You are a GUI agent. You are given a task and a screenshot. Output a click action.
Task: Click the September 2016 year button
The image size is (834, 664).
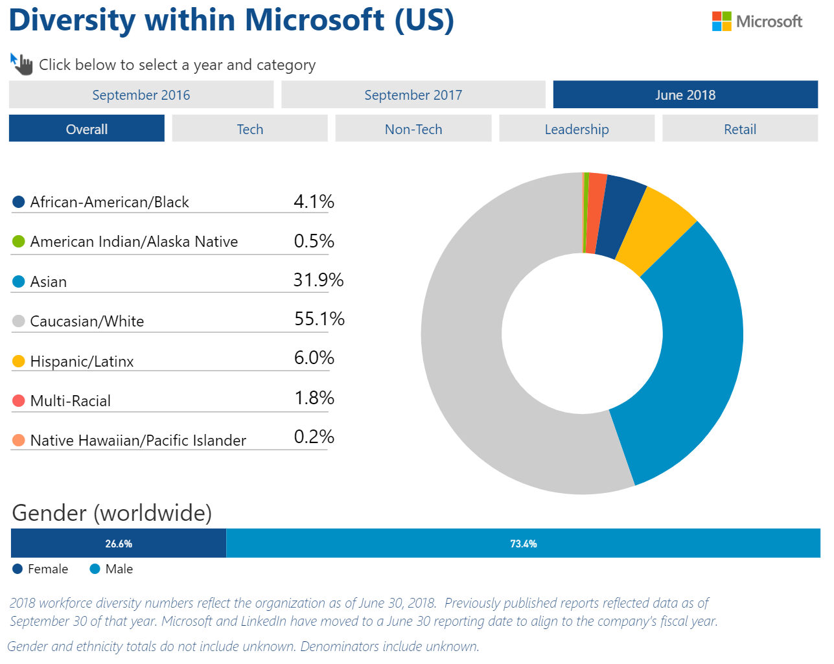pyautogui.click(x=141, y=95)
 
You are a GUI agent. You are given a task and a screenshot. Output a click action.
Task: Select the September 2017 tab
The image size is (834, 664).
pyautogui.click(x=413, y=95)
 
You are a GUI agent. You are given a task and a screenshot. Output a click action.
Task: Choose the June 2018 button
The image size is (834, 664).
pyautogui.click(x=685, y=95)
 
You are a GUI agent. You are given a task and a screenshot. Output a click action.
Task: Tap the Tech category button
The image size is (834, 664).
pyautogui.click(x=249, y=128)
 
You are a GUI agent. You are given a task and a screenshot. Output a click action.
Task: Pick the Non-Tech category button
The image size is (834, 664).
pyautogui.click(x=413, y=128)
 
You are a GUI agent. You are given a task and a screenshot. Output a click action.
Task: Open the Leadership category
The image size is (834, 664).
pyautogui.click(x=576, y=128)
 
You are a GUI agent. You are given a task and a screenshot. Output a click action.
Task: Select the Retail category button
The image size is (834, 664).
pyautogui.click(x=739, y=128)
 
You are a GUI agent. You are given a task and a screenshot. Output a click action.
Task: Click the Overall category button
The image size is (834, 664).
pyautogui.click(x=87, y=128)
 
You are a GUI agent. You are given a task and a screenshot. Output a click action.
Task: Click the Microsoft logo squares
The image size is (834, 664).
pyautogui.click(x=721, y=21)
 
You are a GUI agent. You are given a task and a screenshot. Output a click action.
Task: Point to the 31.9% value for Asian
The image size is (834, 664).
pyautogui.click(x=318, y=280)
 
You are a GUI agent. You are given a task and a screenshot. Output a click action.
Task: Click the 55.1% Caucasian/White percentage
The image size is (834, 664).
pyautogui.click(x=319, y=319)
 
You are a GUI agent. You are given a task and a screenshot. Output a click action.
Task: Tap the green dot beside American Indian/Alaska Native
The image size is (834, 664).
pyautogui.click(x=19, y=242)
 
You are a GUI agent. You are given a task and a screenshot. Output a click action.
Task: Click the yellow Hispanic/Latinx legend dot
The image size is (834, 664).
pyautogui.click(x=19, y=361)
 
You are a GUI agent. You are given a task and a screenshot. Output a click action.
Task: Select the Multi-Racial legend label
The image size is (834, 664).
pyautogui.click(x=70, y=401)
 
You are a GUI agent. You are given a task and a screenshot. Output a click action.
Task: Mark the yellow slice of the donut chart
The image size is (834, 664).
pyautogui.click(x=654, y=231)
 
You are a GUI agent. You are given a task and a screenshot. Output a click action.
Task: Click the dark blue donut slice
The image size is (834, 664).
pyautogui.click(x=620, y=216)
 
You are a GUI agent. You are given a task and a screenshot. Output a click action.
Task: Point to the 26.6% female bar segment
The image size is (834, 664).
pyautogui.click(x=119, y=543)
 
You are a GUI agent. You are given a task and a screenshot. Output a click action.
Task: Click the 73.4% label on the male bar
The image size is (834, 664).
pyautogui.click(x=523, y=544)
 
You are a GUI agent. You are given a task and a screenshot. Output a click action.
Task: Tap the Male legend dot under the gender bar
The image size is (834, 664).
pyautogui.click(x=95, y=569)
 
